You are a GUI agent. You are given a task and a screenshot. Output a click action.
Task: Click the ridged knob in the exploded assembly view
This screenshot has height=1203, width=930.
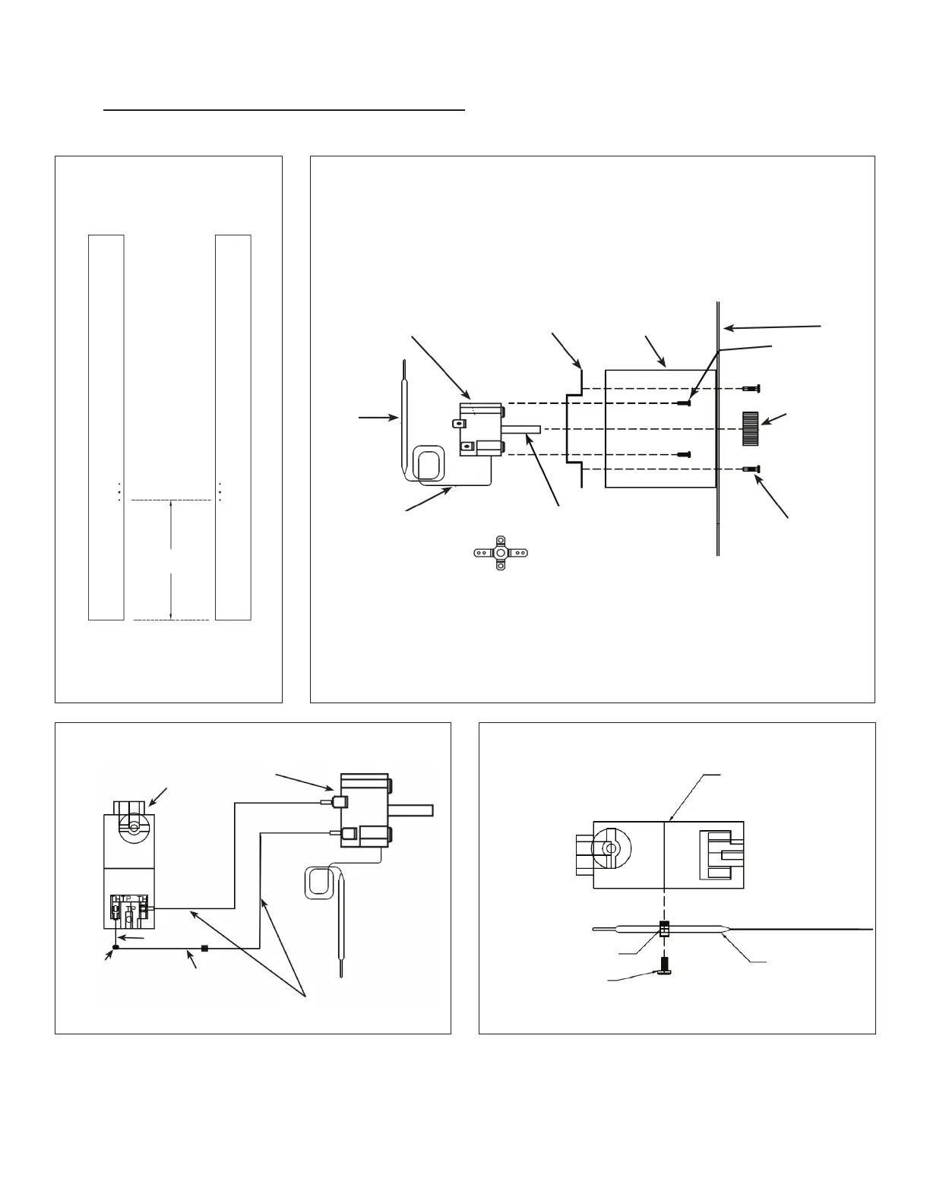coord(750,428)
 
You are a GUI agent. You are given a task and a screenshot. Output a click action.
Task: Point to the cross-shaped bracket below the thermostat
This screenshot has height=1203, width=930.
coord(500,553)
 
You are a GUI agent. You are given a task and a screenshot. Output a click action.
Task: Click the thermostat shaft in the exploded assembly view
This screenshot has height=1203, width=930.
coord(524,429)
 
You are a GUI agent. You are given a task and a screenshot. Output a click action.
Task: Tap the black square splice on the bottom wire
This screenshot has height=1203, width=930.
coord(204,948)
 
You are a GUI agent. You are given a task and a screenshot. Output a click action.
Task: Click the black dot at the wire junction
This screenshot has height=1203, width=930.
coord(115,946)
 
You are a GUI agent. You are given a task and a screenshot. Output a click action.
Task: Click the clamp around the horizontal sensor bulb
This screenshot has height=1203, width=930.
coord(664,929)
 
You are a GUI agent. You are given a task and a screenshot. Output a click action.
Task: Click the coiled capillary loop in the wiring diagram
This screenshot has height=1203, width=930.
coord(318,883)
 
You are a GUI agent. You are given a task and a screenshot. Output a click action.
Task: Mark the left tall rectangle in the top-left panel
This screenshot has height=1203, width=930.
coord(106,427)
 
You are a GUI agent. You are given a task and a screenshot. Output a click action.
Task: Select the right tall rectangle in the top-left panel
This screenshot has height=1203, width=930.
coord(233,427)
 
